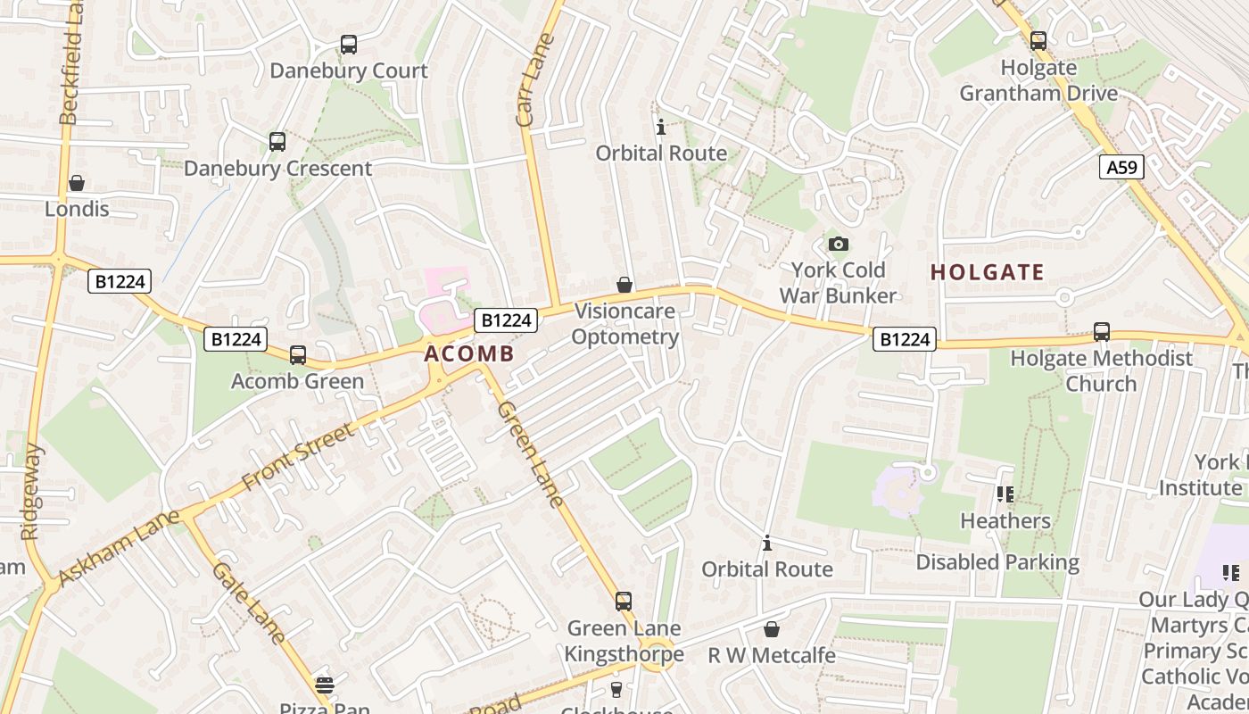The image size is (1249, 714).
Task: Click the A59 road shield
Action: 1121,167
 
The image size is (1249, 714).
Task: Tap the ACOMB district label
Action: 469,353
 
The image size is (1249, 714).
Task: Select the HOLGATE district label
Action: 987,272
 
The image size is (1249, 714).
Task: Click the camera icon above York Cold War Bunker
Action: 838,244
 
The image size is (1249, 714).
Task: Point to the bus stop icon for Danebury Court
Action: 349,45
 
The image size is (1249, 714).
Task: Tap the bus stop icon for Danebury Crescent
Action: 277,142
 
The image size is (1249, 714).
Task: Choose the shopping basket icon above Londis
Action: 77,183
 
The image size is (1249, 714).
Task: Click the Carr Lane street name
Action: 536,80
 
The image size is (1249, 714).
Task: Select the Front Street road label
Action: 298,456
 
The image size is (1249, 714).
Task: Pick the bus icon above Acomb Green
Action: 298,355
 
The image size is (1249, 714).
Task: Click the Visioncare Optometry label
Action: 624,324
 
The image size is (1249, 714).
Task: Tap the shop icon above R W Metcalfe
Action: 772,630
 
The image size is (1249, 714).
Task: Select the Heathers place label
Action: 1005,520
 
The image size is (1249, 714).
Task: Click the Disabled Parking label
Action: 997,562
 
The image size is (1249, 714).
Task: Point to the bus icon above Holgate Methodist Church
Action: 1102,332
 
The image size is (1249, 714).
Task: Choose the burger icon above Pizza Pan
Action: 324,685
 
